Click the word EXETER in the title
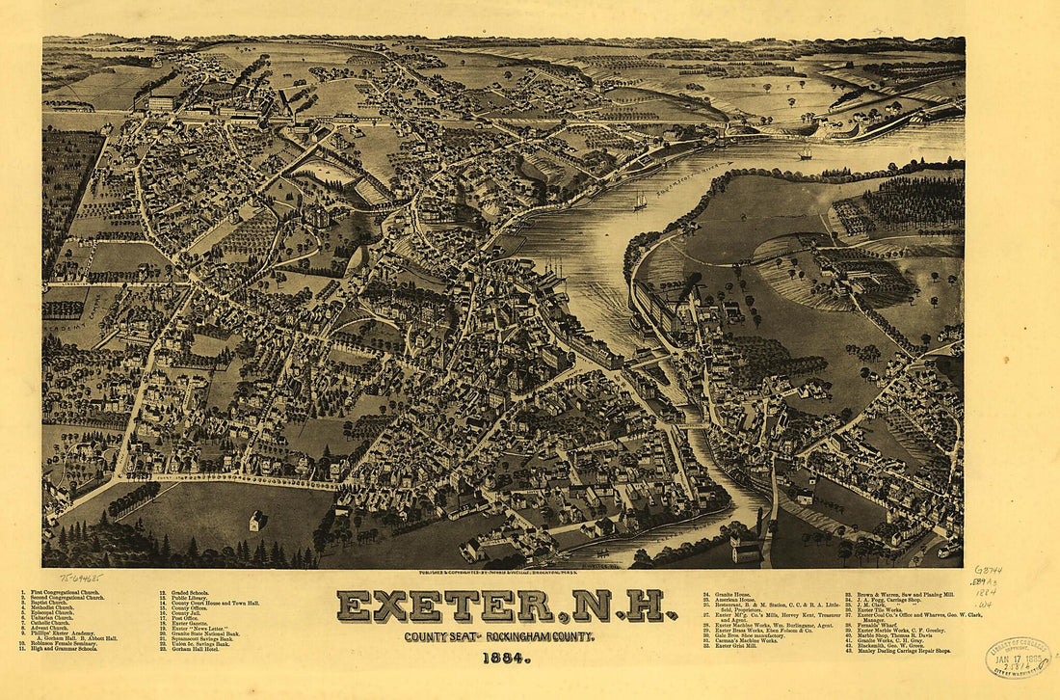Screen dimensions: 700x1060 444,606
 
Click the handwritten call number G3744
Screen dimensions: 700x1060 988,571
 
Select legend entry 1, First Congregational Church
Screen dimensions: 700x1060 63,591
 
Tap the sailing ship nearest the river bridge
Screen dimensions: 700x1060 806,151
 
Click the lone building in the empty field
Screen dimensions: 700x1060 257,521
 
